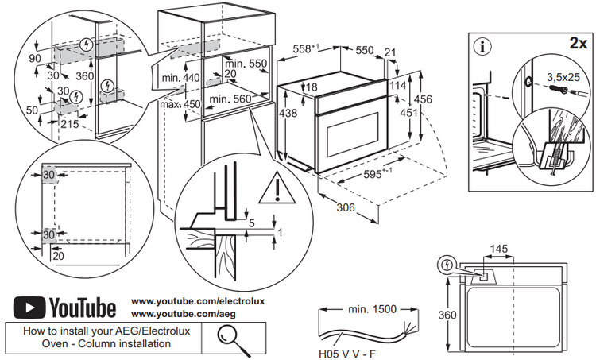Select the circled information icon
click(x=481, y=45)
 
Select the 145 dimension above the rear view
click(x=498, y=250)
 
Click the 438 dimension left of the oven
click(x=288, y=114)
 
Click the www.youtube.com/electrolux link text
click(x=196, y=302)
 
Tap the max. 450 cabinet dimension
click(x=182, y=104)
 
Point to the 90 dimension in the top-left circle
click(x=34, y=58)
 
